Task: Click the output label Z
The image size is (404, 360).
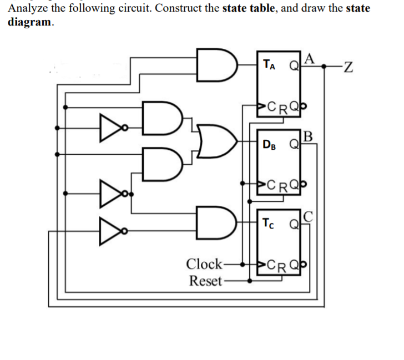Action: pos(348,68)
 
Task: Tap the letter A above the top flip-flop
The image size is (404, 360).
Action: pos(309,57)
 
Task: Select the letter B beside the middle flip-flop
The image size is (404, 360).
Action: pos(309,135)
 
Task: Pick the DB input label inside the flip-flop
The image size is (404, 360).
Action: pos(270,145)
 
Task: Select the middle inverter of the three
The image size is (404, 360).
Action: pos(108,194)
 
